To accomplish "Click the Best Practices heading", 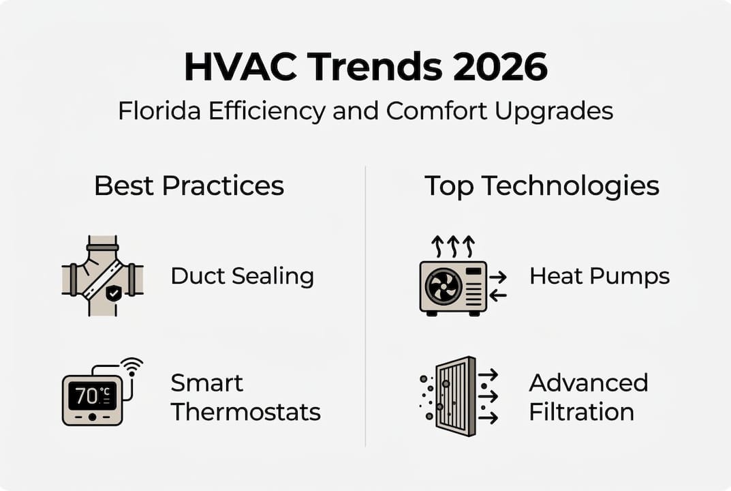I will (189, 185).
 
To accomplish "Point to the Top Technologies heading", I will (542, 185).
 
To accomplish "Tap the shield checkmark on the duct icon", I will (113, 293).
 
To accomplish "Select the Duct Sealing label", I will (242, 276).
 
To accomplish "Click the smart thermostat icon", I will (93, 398).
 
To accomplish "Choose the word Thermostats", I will (245, 412).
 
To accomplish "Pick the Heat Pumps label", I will (600, 276).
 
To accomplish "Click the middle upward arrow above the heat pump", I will (453, 245).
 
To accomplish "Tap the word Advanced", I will (588, 383).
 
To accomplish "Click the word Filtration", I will (581, 412).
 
